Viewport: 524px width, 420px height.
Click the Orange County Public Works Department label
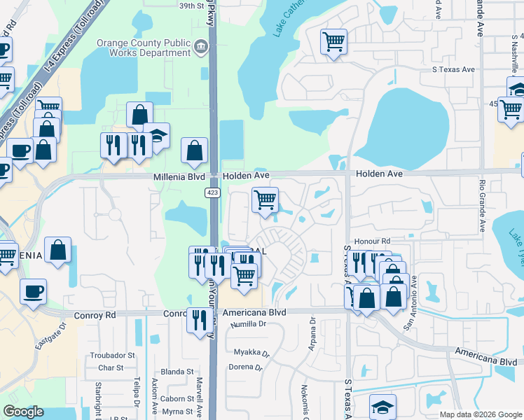144,48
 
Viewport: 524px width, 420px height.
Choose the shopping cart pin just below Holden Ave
265,199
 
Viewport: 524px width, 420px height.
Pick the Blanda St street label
177,372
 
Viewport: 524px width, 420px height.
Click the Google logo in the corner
24,412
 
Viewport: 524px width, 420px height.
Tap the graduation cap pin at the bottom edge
383,406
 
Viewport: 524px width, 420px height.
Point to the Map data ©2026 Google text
481,414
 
